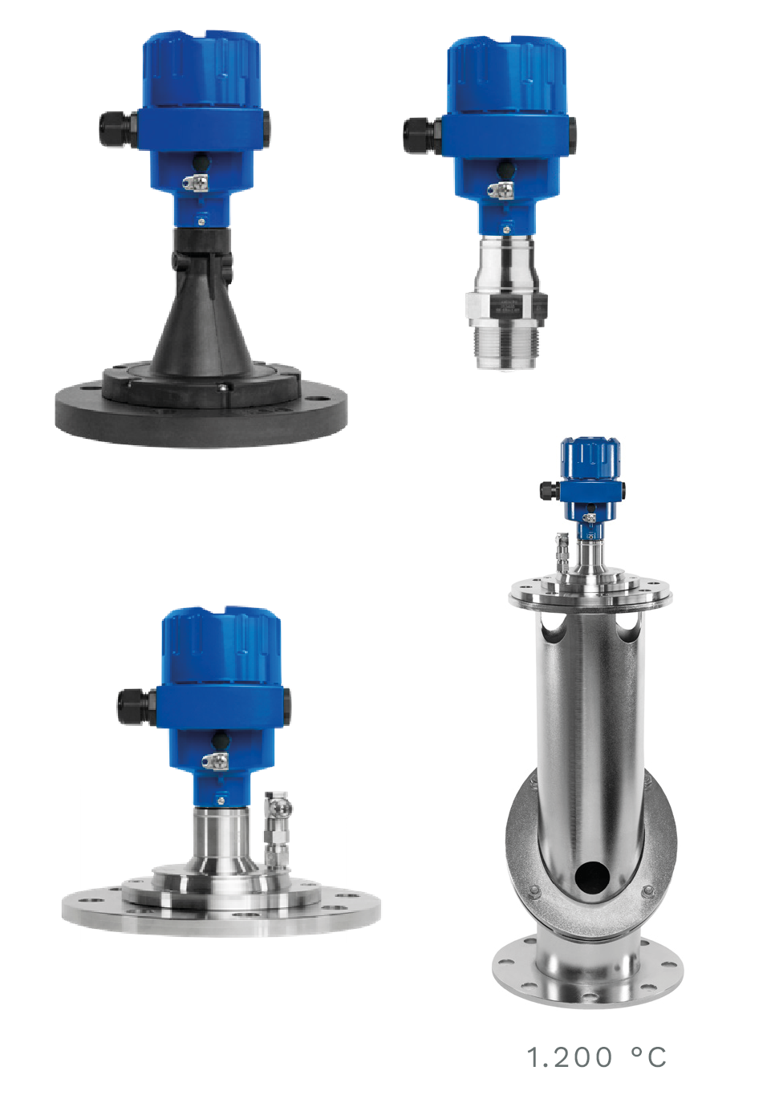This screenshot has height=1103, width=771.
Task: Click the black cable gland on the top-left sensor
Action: [x=117, y=128]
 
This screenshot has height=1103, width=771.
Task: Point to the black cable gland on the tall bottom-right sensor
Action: [x=550, y=490]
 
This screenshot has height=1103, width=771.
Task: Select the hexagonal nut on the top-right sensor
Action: [x=506, y=306]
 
